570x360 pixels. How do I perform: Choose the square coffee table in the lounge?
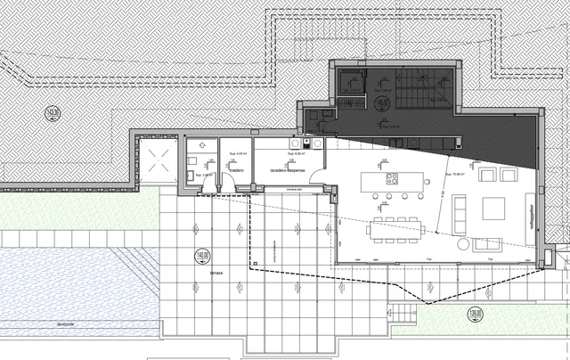point(495,211)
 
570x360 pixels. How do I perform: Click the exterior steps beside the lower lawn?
point(406,315)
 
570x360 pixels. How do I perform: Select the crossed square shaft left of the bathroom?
point(159,164)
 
